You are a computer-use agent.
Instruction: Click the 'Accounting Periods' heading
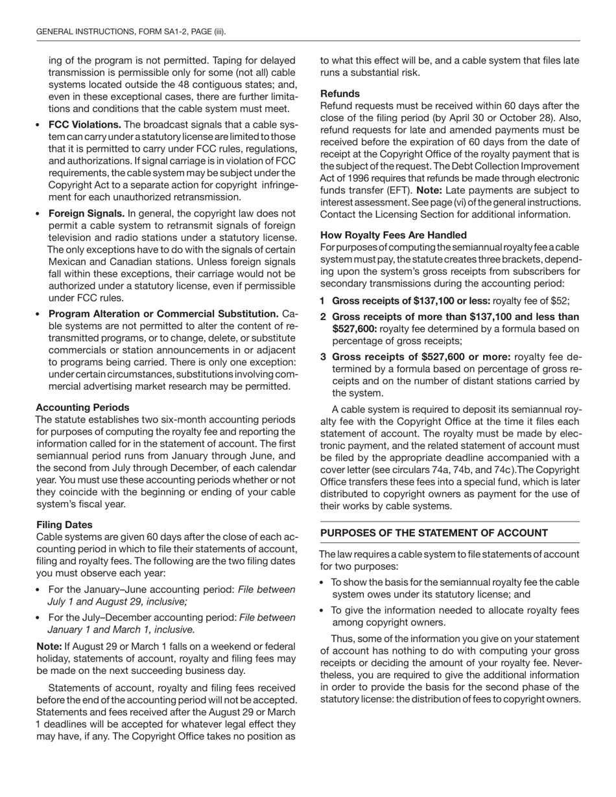(x=82, y=408)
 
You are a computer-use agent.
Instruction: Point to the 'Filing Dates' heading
(x=64, y=525)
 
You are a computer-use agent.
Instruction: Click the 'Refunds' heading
(x=340, y=93)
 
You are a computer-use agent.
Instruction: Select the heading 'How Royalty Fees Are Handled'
(x=393, y=235)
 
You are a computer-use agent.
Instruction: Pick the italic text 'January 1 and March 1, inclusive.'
(x=121, y=630)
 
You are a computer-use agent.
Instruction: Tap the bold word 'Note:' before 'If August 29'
(x=49, y=647)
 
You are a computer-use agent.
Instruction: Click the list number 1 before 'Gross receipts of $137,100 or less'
(x=322, y=301)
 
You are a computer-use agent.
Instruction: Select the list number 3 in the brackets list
(x=323, y=357)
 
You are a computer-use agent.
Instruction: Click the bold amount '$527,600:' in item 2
(x=354, y=329)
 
